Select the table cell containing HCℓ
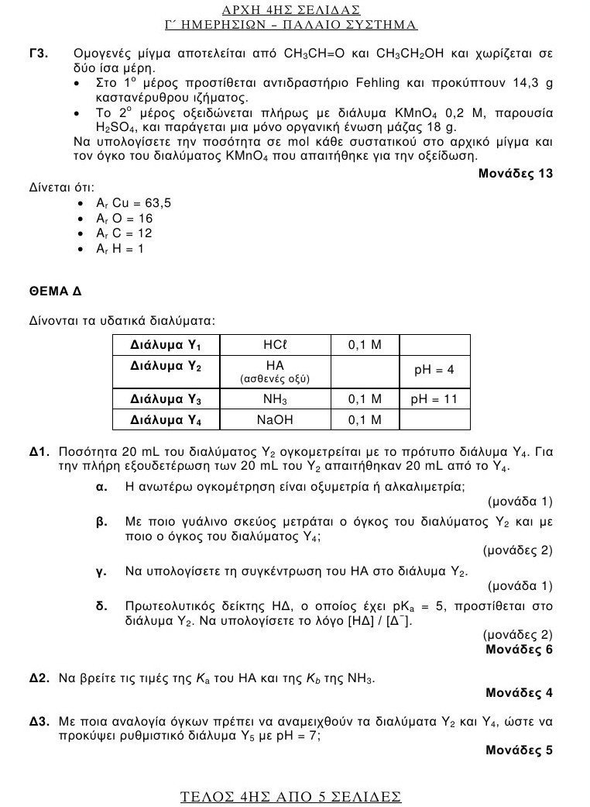(275, 344)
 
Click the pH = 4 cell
(434, 370)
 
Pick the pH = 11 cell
(434, 399)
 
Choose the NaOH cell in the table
(275, 419)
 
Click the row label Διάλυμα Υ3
(166, 399)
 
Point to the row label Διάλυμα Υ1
(166, 344)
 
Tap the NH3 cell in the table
(275, 399)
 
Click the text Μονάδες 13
(516, 173)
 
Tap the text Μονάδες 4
(519, 692)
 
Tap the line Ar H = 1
(120, 249)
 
